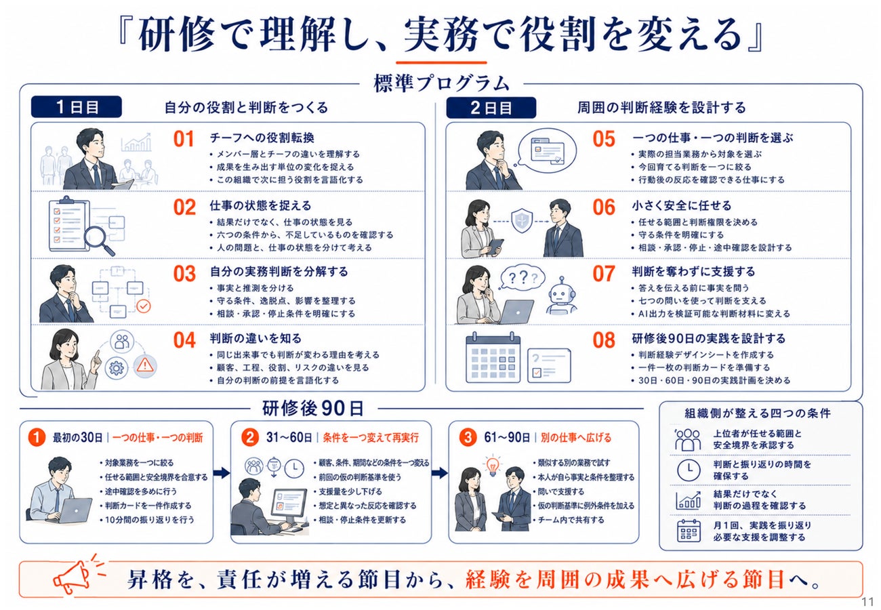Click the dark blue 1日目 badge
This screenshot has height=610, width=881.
tap(77, 106)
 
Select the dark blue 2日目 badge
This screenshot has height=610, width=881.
tap(491, 107)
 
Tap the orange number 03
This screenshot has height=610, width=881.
tap(184, 274)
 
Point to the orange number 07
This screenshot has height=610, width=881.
tap(604, 274)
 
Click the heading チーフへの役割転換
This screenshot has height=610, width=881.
tap(262, 138)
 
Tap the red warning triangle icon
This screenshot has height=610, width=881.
tap(145, 366)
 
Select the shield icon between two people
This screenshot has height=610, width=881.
tap(522, 221)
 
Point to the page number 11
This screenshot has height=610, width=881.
tap(867, 602)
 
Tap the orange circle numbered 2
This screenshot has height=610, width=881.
tap(250, 437)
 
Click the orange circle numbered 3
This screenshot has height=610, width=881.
tap(468, 437)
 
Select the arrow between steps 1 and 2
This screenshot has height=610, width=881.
tap(222, 472)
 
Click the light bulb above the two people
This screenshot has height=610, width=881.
tap(492, 466)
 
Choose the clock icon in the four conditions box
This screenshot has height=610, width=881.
tap(689, 470)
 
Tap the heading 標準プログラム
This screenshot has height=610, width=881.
tap(441, 83)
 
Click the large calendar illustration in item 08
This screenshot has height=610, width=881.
tap(493, 359)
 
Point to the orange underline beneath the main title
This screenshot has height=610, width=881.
tap(441, 62)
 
